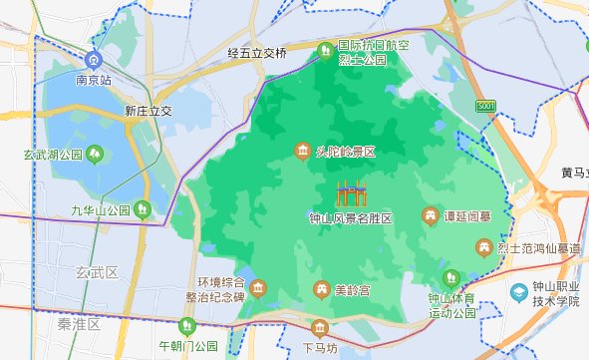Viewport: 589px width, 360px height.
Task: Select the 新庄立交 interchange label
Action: [x=149, y=112]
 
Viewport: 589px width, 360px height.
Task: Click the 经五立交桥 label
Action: [x=257, y=53]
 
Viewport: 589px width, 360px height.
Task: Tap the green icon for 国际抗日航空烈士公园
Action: [x=324, y=51]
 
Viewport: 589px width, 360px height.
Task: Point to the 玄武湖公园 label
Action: [x=52, y=155]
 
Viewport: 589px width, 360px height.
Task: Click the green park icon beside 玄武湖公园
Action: [x=95, y=154]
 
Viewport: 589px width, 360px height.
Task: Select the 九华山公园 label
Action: [x=101, y=210]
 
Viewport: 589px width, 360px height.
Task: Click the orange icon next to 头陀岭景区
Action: [x=302, y=152]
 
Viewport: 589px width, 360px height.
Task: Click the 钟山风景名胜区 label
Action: [x=351, y=217]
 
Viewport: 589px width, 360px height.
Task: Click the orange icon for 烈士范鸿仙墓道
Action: [x=482, y=246]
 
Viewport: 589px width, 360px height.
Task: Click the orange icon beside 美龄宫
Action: [x=321, y=290]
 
